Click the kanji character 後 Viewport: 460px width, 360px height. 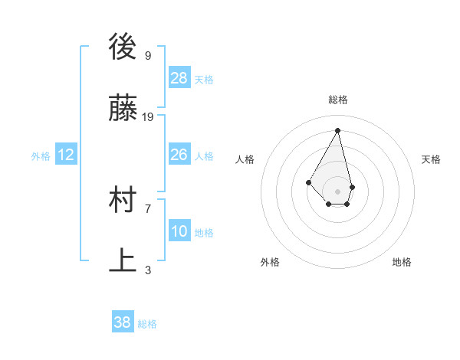click(x=123, y=48)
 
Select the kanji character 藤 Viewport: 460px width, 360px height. click(x=123, y=109)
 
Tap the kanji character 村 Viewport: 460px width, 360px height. click(x=123, y=200)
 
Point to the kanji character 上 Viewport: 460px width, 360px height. click(x=123, y=260)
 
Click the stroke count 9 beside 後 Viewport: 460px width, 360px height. click(x=147, y=56)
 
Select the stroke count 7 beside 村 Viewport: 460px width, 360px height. click(x=147, y=208)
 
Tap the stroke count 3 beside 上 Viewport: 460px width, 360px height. click(x=147, y=269)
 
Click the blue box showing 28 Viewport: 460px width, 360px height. click(x=179, y=78)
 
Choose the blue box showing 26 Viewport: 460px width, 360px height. click(x=179, y=155)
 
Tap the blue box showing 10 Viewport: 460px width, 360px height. click(x=179, y=231)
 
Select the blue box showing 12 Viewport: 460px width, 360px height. click(x=66, y=155)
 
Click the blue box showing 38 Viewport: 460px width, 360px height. click(x=123, y=322)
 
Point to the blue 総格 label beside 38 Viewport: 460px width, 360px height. click(x=147, y=324)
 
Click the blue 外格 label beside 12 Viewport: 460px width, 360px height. click(x=41, y=156)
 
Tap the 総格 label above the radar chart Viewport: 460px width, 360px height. click(x=338, y=100)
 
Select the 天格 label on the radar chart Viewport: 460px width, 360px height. click(x=431, y=159)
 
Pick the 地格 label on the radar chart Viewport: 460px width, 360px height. click(x=402, y=262)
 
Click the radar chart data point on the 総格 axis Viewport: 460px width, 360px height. click(x=338, y=129)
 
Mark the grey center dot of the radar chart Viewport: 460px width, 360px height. click(x=338, y=191)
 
